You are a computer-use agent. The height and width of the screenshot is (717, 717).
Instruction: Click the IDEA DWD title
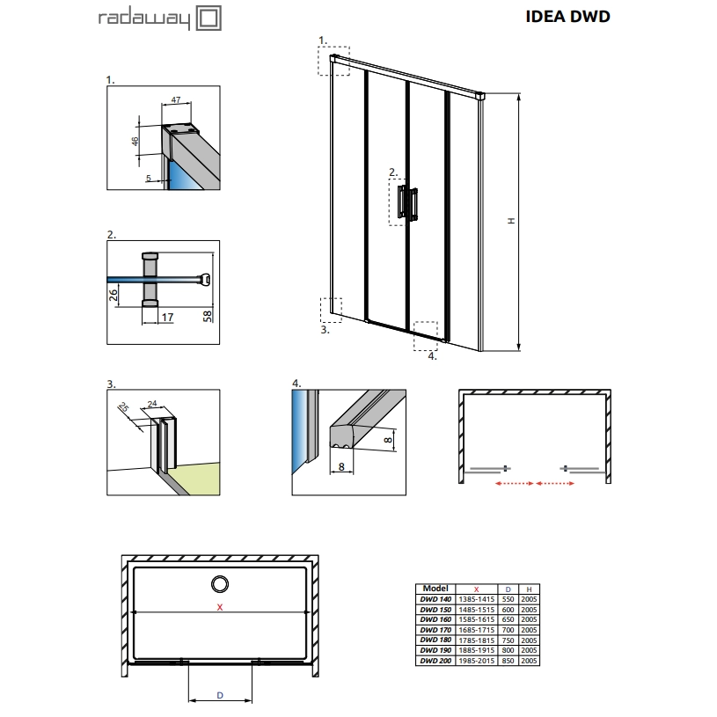[567, 17]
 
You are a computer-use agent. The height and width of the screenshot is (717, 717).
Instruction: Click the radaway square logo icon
[209, 18]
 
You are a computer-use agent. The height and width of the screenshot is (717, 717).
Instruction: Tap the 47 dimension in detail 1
[176, 99]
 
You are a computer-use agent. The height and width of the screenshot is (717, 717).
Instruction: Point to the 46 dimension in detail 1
[135, 142]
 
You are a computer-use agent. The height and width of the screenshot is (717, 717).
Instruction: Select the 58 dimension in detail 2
[208, 316]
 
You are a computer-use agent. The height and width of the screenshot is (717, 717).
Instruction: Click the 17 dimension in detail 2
[167, 317]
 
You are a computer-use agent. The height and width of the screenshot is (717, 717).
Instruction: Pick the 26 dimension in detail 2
[113, 295]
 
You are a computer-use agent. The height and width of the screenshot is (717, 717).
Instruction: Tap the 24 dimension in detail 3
[152, 403]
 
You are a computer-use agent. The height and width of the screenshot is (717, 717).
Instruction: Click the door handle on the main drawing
[408, 203]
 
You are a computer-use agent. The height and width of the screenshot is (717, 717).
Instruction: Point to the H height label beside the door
[511, 221]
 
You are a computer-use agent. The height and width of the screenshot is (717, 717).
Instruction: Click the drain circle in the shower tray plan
[220, 584]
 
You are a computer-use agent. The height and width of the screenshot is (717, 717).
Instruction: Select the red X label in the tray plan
[220, 607]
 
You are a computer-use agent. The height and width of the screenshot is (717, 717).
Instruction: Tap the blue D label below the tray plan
[220, 695]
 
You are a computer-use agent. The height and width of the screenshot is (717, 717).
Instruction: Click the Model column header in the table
[435, 589]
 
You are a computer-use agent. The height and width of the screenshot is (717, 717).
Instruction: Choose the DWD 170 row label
[435, 630]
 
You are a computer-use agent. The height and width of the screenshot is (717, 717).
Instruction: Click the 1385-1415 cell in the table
[477, 599]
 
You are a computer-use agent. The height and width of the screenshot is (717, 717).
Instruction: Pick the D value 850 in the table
[508, 661]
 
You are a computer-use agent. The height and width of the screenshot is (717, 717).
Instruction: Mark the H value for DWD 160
[529, 619]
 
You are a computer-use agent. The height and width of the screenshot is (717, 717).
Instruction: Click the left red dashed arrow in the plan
[515, 483]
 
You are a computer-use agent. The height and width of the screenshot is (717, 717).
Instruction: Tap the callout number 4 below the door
[432, 355]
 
